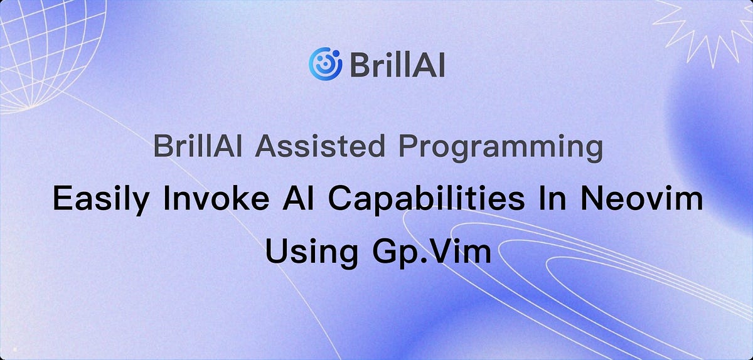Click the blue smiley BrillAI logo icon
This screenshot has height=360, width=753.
tap(325, 63)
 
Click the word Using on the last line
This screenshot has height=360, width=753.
tap(307, 251)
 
